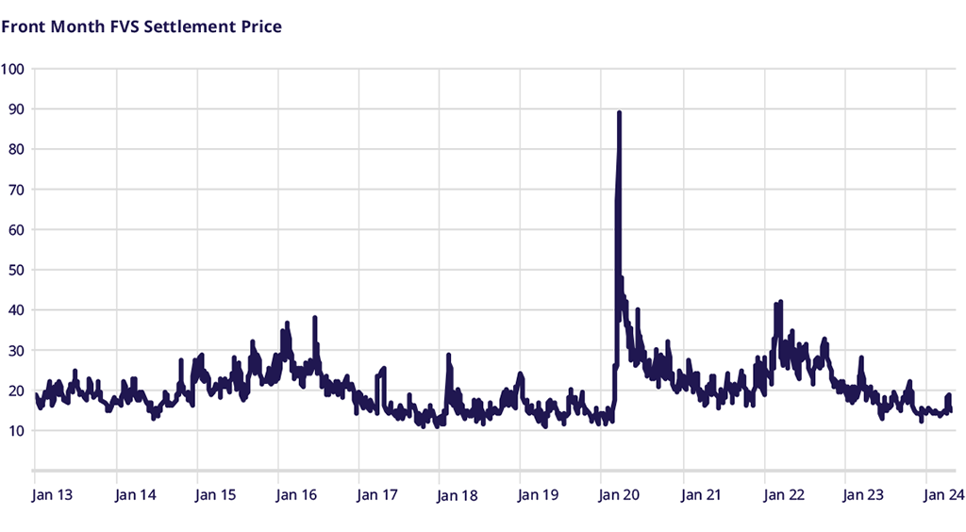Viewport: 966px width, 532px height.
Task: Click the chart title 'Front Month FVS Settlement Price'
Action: tap(142, 26)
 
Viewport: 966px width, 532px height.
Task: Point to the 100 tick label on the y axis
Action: tap(14, 69)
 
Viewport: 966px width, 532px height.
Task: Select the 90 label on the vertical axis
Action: tap(14, 109)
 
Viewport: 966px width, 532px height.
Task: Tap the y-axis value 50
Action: tap(14, 270)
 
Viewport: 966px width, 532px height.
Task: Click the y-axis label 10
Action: tap(14, 431)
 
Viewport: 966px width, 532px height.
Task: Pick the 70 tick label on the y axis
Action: tap(14, 190)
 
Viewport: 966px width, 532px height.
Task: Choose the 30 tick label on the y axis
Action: tap(14, 351)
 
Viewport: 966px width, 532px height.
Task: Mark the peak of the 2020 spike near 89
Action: tap(619, 112)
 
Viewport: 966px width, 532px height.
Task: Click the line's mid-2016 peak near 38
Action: tap(315, 318)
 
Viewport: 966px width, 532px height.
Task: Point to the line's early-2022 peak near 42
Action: tap(781, 302)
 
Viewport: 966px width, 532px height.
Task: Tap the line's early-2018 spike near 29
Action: tap(448, 355)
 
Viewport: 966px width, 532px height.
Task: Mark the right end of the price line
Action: tap(950, 410)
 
